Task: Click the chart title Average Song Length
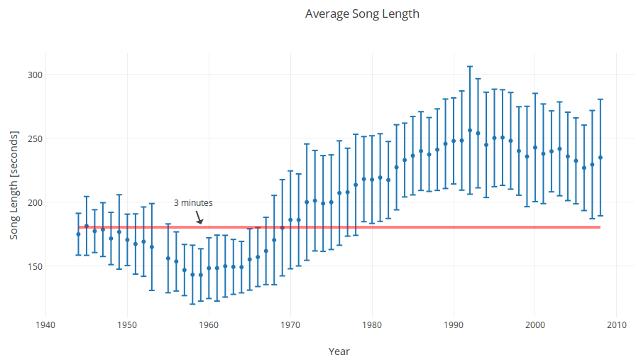362,13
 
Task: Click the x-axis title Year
339,351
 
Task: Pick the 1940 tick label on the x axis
46,325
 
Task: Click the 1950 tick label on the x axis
128,325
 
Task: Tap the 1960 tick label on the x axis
209,325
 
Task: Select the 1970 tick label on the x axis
290,325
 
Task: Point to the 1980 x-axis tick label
372,325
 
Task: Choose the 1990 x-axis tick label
454,325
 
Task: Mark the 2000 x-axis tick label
535,325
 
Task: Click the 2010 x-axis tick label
616,325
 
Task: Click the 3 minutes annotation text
193,202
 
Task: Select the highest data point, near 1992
470,130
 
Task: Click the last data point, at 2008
601,158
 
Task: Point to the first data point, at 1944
79,234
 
